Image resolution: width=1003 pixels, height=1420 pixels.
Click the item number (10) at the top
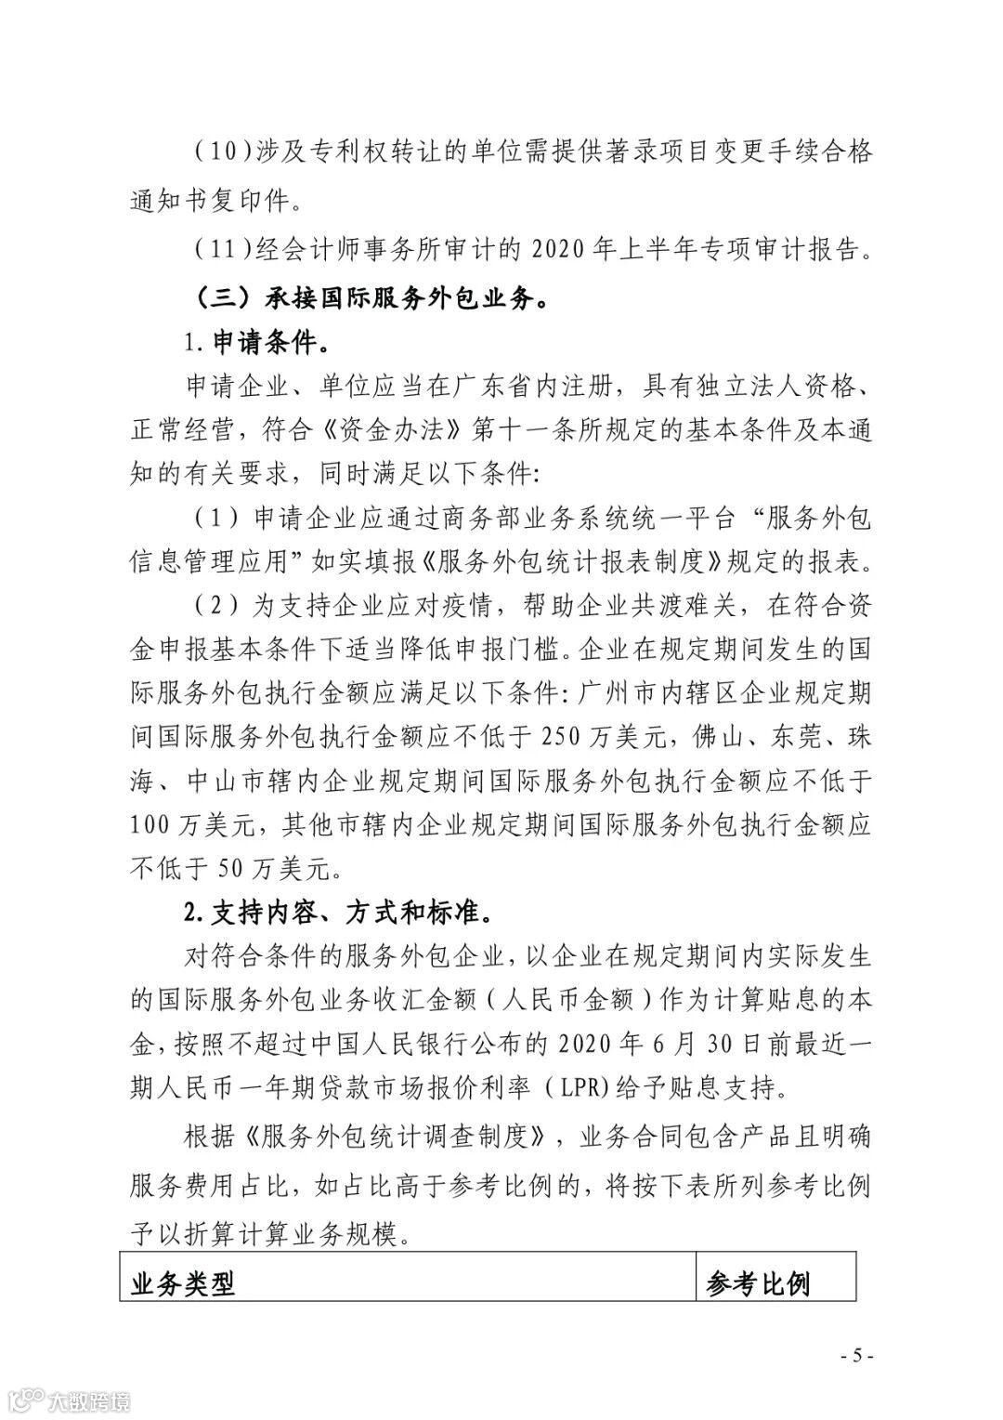(224, 152)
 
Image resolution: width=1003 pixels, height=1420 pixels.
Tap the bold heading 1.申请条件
(256, 345)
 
